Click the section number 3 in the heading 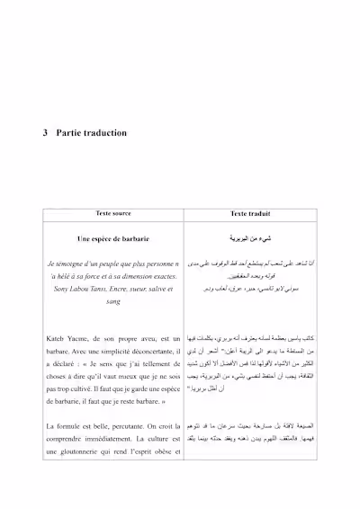45,133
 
